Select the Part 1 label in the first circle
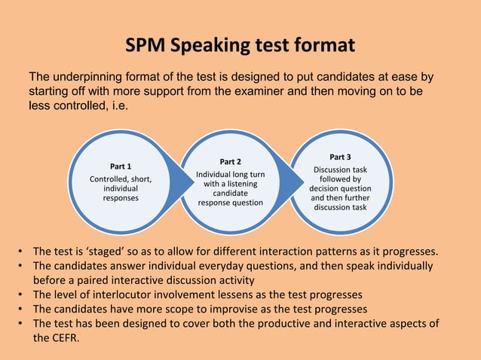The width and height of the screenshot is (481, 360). click(x=121, y=166)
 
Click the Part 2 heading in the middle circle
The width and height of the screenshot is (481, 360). click(x=230, y=161)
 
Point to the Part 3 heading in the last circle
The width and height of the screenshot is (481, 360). click(x=339, y=157)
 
